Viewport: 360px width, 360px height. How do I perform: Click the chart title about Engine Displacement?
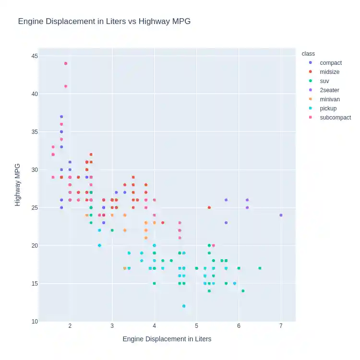(x=104, y=22)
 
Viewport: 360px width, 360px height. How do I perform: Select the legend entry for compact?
(x=331, y=63)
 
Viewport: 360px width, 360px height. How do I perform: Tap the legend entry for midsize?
(x=330, y=72)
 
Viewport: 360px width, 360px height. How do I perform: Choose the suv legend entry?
(x=324, y=81)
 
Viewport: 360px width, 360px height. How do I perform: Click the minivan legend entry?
(x=330, y=99)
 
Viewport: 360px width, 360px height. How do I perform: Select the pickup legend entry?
(x=328, y=108)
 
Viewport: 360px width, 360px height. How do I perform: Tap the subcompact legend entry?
(x=335, y=118)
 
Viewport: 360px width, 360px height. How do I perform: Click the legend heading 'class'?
(x=308, y=54)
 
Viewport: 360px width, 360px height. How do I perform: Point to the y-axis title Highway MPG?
(x=18, y=185)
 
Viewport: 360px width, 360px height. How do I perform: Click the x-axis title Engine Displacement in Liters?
(x=167, y=339)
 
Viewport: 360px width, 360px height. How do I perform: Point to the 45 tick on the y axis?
(x=34, y=56)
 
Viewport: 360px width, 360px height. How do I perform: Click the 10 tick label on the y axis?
(x=34, y=322)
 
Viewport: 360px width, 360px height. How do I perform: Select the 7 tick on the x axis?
(x=281, y=326)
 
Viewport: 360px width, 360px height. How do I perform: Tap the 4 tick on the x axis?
(x=154, y=326)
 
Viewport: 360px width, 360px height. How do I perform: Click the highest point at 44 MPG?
(x=66, y=63)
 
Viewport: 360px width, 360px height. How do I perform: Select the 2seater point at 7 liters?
(x=281, y=215)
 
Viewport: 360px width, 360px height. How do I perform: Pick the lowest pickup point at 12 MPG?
(x=184, y=306)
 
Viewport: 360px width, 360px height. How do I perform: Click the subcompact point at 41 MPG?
(x=66, y=86)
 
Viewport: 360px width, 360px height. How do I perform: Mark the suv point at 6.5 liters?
(x=260, y=268)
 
